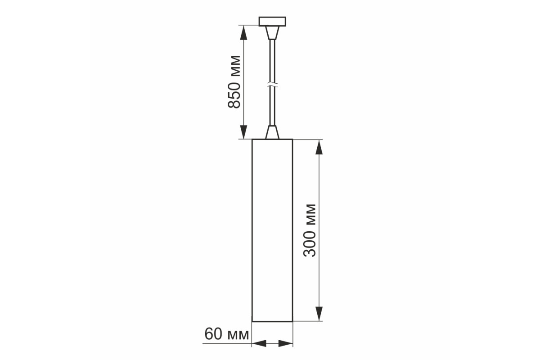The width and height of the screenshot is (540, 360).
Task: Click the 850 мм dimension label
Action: pos(234,82)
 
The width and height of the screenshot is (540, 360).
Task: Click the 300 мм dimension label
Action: pos(310,230)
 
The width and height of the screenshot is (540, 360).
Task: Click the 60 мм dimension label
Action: pos(227,334)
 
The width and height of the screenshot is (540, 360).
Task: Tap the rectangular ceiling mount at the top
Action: pos(272,21)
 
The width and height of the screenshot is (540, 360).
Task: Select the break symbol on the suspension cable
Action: pos(272,85)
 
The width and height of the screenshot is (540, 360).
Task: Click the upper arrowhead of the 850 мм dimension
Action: pos(244,32)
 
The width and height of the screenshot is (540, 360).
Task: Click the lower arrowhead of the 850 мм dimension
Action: pos(244,132)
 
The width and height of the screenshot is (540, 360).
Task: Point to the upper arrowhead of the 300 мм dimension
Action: pos(319,147)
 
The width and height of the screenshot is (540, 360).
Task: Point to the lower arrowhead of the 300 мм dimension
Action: pos(319,314)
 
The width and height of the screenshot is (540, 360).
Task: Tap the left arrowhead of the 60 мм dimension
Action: pos(259,343)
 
